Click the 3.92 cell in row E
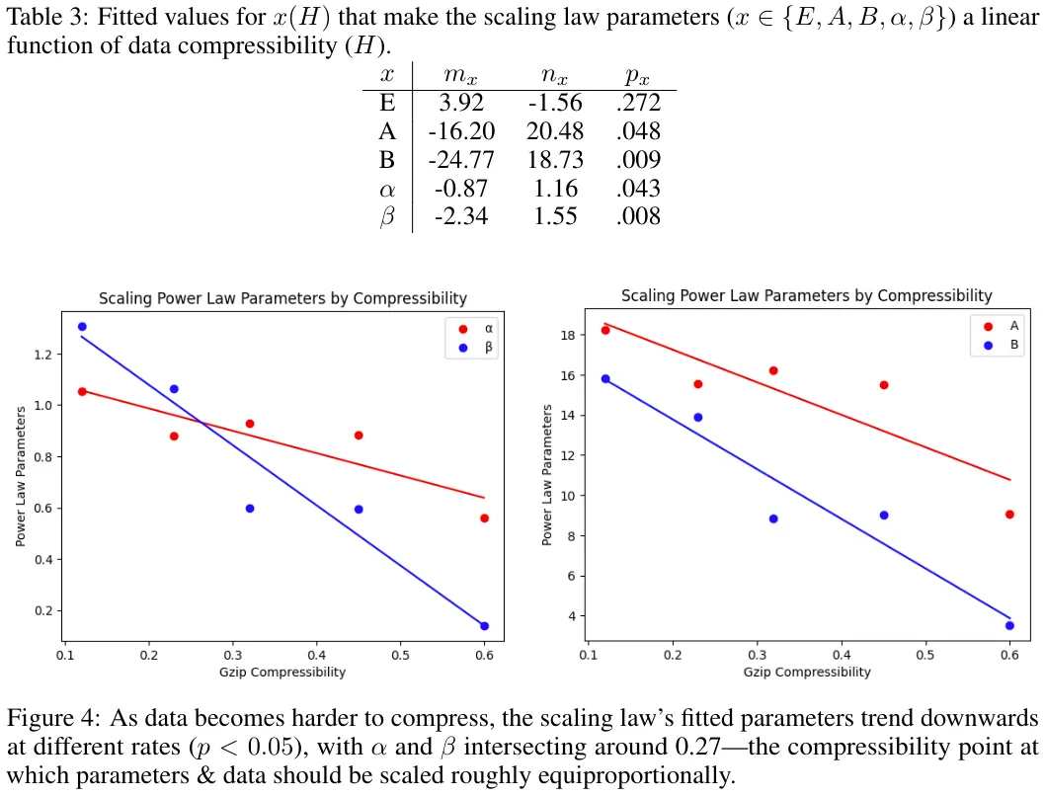460,103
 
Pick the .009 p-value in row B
637,160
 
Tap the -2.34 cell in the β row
460,216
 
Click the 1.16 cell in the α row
555,188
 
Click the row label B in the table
387,160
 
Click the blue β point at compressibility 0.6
484,625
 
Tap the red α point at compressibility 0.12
82,391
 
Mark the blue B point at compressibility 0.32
773,518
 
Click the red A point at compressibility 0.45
884,385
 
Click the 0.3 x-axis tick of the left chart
233,654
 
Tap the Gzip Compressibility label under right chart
807,672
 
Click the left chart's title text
282,298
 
